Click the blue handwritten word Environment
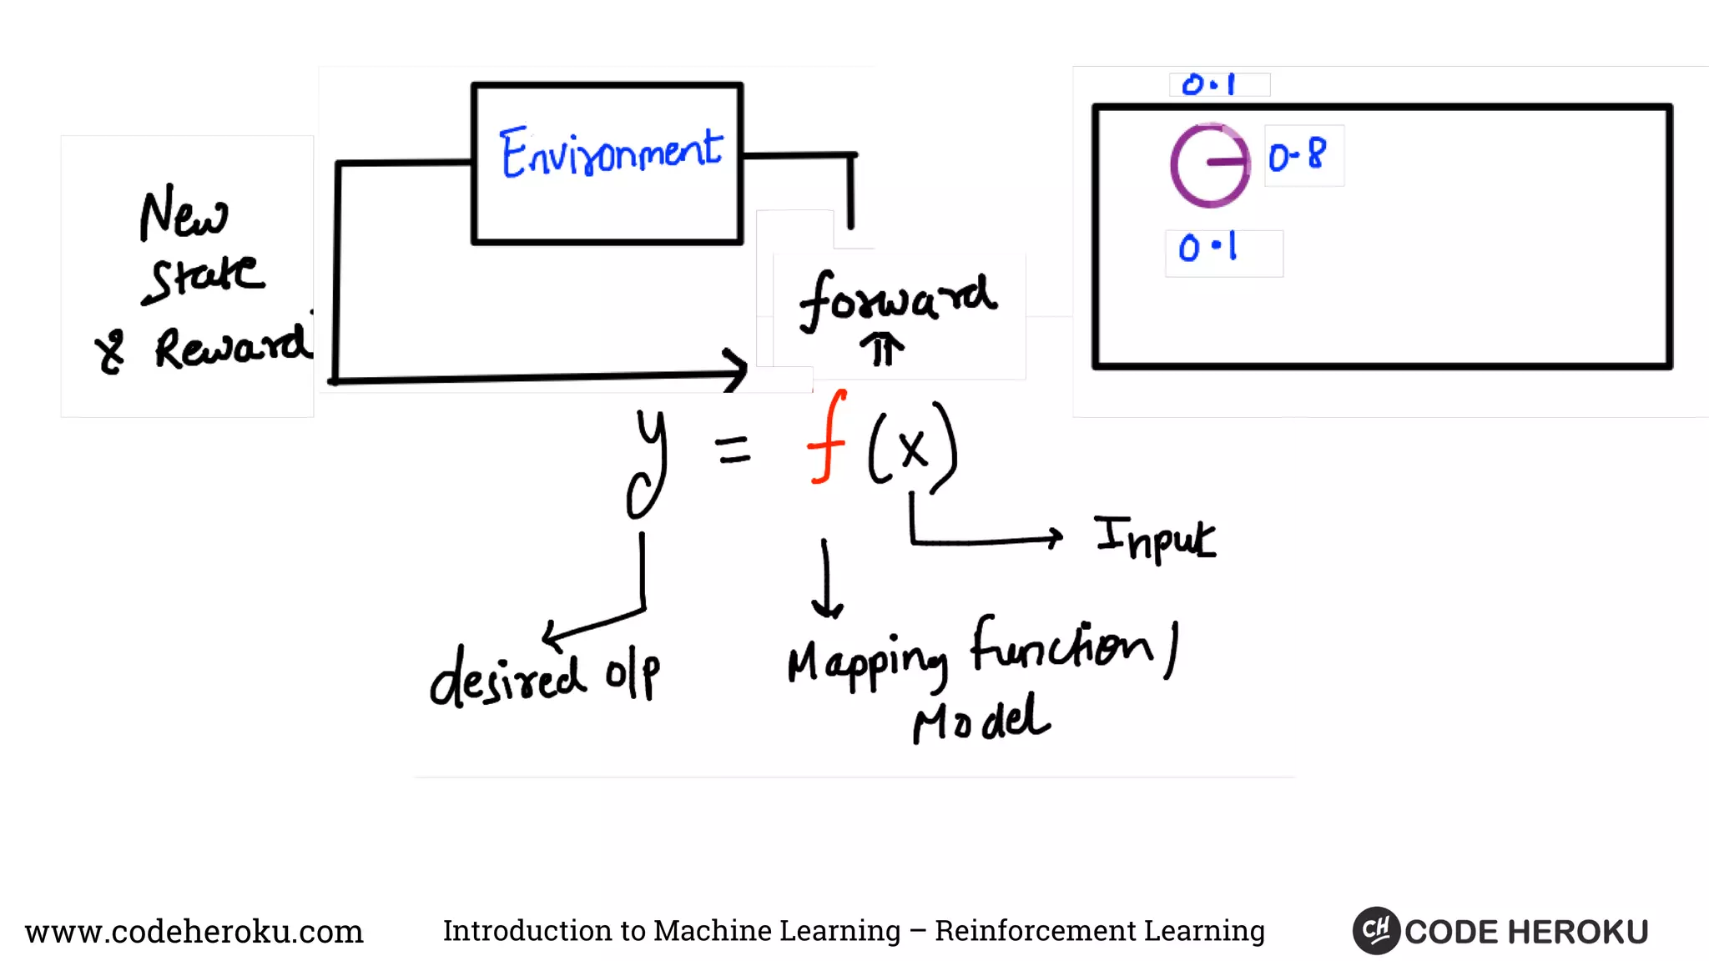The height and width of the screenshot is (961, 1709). coord(611,153)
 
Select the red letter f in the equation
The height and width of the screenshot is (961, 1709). coord(826,437)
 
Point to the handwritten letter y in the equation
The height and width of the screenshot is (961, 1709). coord(648,462)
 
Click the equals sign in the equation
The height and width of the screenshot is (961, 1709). coord(733,450)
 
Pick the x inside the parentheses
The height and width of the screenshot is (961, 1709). coord(913,449)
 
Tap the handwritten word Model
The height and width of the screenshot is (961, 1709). coord(981,719)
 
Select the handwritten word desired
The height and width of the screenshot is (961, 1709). coord(507,677)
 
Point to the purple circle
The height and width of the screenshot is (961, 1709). coord(1210,165)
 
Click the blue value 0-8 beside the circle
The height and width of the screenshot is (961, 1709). coord(1297,155)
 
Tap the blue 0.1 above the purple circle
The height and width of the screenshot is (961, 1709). coord(1208,84)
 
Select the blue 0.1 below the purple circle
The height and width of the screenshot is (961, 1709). coord(1207,248)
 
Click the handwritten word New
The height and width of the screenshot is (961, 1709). coord(184,215)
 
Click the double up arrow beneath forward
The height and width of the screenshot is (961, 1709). coord(882,350)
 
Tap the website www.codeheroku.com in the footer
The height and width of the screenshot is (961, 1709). coord(194,931)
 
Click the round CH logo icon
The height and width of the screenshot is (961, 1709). coord(1375,930)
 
